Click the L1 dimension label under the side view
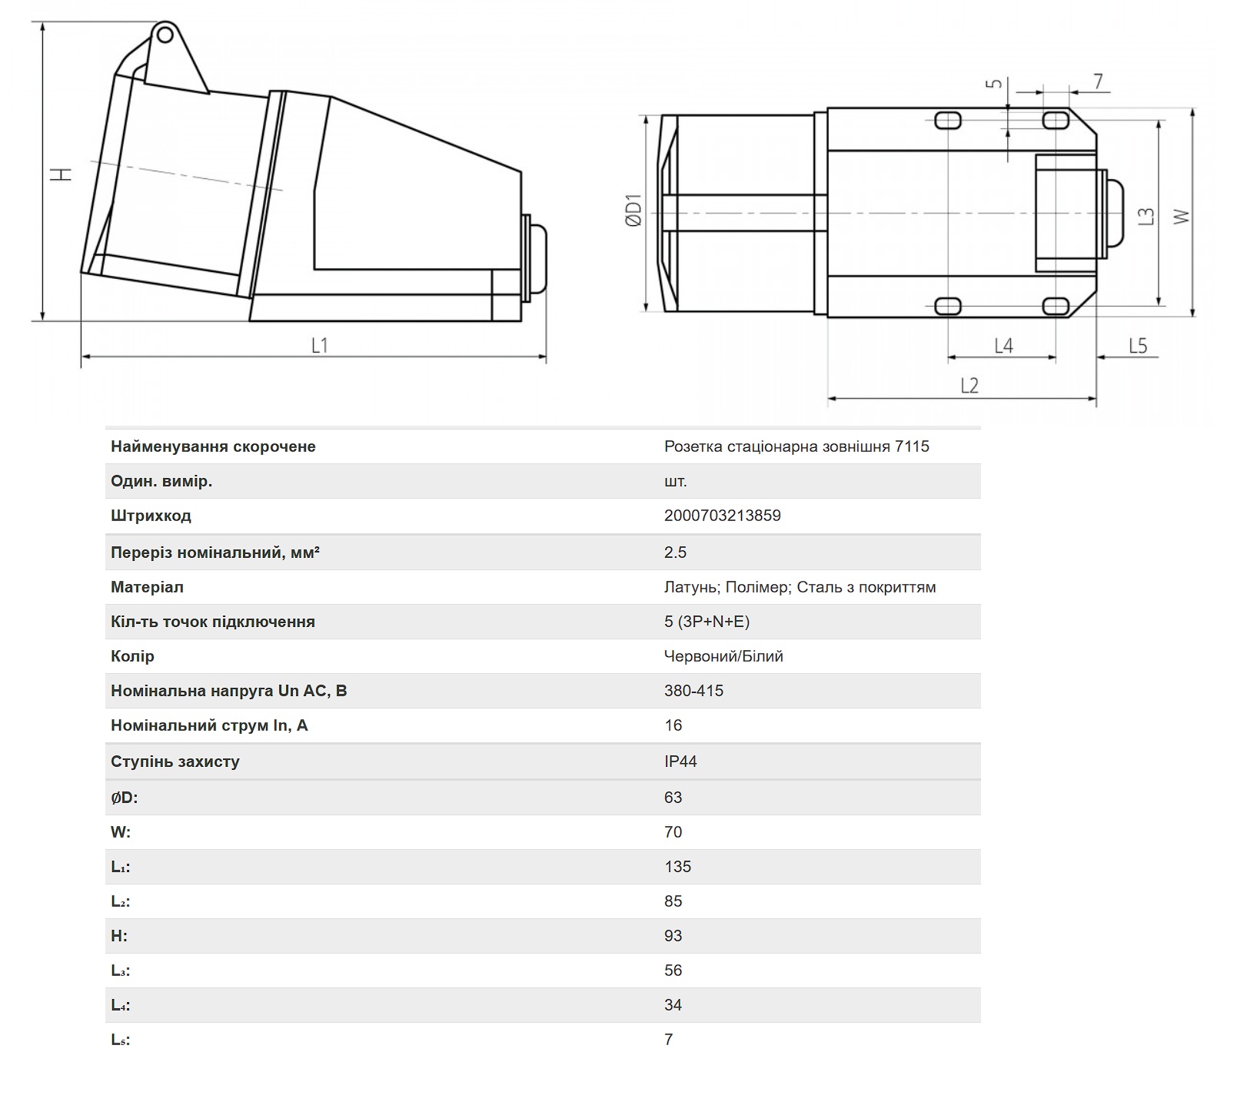click(320, 345)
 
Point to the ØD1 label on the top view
click(633, 211)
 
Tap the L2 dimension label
click(970, 385)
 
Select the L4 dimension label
click(1003, 346)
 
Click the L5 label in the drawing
click(1138, 346)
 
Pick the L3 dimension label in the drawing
click(1146, 217)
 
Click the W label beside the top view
click(1181, 217)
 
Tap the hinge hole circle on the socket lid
click(164, 34)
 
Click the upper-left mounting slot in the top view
click(947, 121)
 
